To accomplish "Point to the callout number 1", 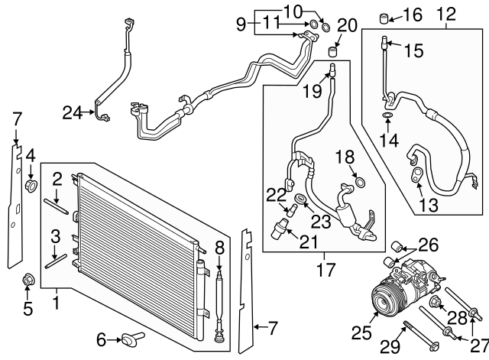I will (56, 303).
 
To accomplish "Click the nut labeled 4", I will (32, 185).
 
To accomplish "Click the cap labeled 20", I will (332, 53).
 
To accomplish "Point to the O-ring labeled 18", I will (360, 183).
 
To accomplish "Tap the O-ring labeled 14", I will (387, 116).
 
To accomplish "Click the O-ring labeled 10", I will (326, 28).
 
